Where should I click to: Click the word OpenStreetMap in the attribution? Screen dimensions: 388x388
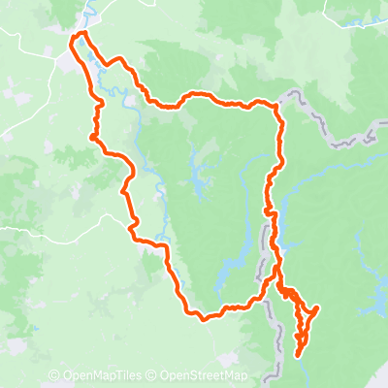204,375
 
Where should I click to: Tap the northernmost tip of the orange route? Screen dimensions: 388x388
81,34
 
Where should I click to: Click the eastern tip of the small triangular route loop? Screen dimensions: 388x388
318,308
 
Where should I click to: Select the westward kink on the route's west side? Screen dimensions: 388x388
92,138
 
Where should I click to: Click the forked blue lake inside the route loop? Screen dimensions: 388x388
204,175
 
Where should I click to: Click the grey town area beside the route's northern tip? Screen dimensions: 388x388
68,58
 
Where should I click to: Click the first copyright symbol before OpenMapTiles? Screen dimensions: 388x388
53,375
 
